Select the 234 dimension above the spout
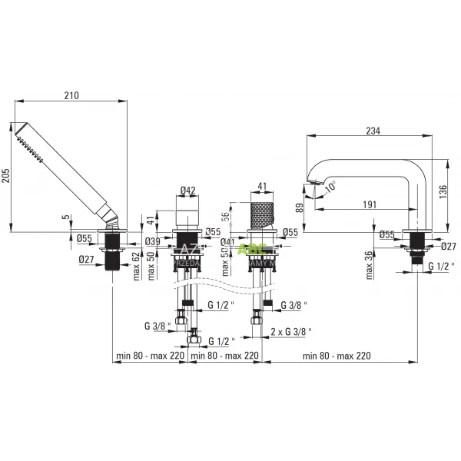(373, 131)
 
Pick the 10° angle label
(330, 186)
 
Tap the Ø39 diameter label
(153, 242)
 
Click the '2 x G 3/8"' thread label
(296, 331)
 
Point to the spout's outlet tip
(311, 183)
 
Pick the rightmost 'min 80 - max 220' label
(338, 355)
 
